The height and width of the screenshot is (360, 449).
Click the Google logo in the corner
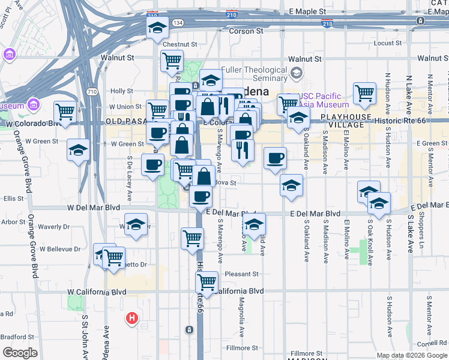19,353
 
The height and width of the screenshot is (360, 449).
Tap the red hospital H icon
131,318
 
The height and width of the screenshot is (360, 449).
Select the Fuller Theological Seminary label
255,74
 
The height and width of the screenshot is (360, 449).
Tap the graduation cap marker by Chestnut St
158,28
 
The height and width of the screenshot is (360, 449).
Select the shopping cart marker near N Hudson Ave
364,94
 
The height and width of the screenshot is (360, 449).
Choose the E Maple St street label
307,11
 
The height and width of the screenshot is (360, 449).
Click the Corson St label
246,31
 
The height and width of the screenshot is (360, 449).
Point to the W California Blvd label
97,292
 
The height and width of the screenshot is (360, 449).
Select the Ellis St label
12,199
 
